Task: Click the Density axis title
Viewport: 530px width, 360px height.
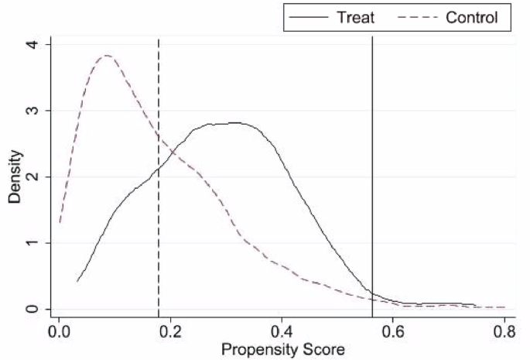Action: (x=15, y=177)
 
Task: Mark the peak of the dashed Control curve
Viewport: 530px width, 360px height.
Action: (x=107, y=56)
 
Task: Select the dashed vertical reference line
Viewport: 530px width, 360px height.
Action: (x=159, y=232)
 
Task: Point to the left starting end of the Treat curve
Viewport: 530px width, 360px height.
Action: (x=77, y=281)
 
